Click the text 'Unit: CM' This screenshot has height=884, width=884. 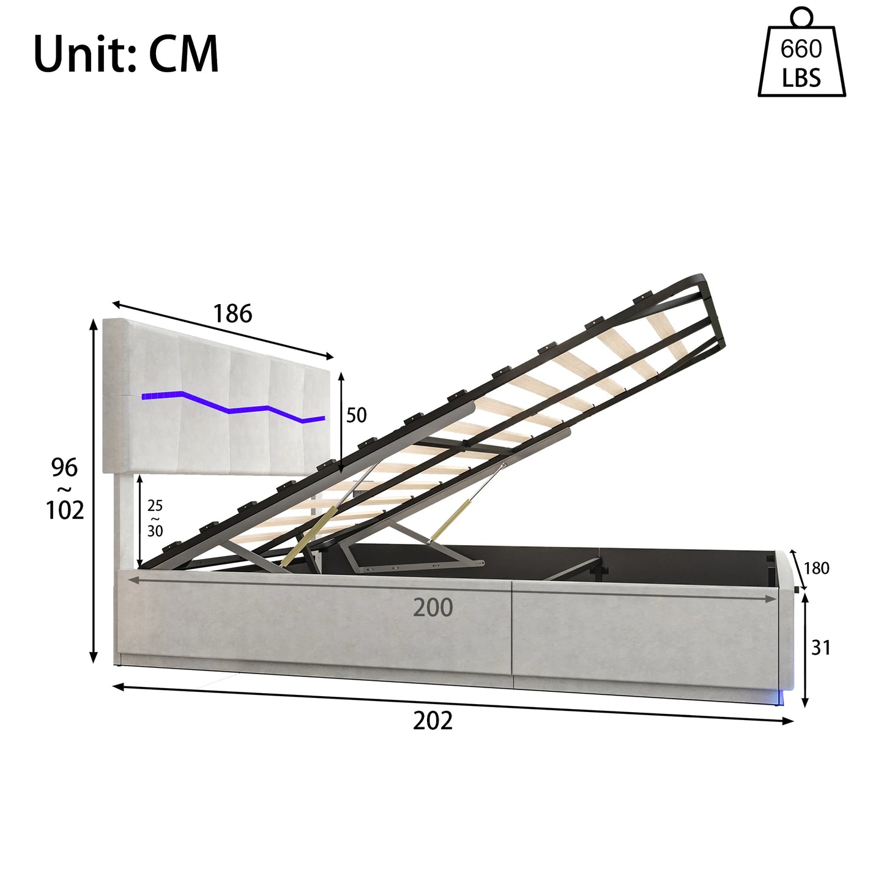coord(126,54)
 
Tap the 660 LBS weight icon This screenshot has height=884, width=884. coord(801,53)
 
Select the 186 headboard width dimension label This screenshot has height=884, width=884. coord(232,314)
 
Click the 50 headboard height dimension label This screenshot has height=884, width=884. coord(357,415)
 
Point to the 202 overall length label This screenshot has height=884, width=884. coord(433,721)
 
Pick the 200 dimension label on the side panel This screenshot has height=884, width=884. coord(433,608)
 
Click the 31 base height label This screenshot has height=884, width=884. coord(821,648)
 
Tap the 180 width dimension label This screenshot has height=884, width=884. coord(817,568)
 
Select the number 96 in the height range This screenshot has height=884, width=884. coord(64,467)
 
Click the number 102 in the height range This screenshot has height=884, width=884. coord(65,510)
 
